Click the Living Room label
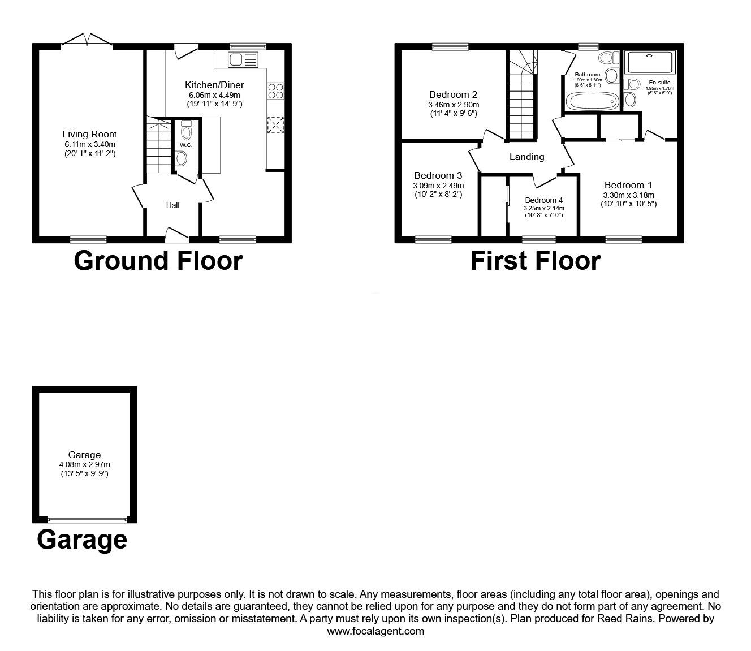click(x=89, y=134)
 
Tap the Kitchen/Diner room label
click(x=214, y=85)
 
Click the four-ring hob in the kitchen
click(x=275, y=91)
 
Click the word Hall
click(x=172, y=205)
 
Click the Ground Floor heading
click(x=158, y=261)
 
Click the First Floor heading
click(x=535, y=261)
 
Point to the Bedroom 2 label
click(x=454, y=94)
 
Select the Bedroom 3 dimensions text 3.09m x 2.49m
click(x=438, y=186)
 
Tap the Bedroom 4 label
click(x=543, y=200)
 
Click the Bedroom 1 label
click(x=628, y=185)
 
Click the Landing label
click(x=526, y=157)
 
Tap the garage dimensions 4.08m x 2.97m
click(x=84, y=464)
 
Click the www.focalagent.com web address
click(x=375, y=631)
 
